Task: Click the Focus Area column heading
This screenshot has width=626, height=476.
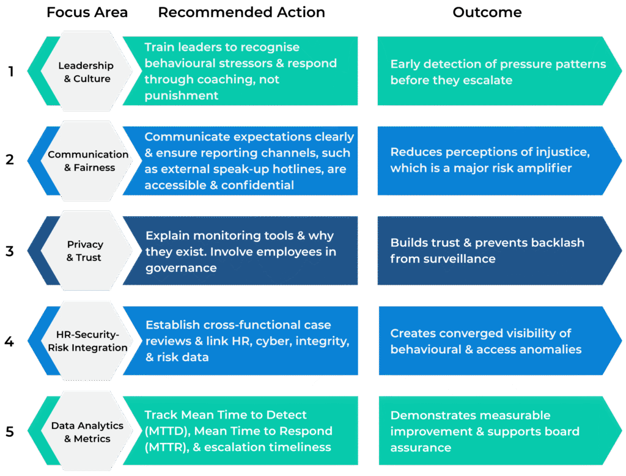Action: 88,12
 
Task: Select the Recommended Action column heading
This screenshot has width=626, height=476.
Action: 241,12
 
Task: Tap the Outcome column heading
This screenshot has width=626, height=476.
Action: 487,12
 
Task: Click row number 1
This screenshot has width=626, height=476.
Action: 10,71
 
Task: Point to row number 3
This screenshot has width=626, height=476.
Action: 10,251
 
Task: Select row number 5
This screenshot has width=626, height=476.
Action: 10,431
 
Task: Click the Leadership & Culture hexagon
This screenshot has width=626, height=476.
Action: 86,71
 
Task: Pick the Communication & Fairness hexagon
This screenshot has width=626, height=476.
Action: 87,161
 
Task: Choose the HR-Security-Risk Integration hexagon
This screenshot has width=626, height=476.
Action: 87,341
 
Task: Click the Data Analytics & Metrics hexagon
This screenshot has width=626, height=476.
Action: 87,431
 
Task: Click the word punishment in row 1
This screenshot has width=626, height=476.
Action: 182,96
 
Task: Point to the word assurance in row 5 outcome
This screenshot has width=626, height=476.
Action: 421,447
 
